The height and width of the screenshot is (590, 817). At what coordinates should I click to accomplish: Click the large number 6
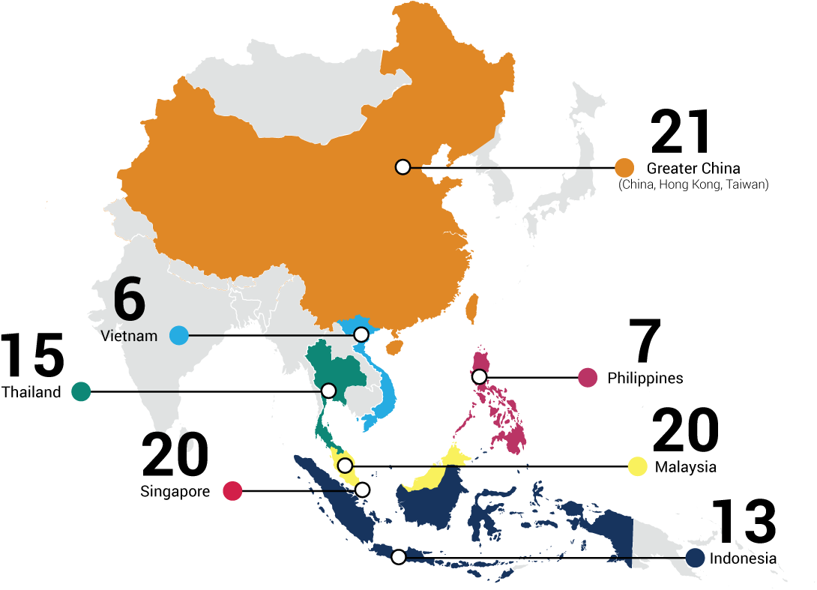click(x=129, y=300)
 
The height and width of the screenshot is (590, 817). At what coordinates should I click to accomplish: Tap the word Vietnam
click(x=130, y=336)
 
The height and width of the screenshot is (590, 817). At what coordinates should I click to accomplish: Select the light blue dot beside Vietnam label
click(x=178, y=335)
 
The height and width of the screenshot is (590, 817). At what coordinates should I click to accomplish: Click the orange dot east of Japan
click(x=624, y=168)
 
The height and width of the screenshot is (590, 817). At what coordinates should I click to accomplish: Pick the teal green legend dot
click(x=81, y=391)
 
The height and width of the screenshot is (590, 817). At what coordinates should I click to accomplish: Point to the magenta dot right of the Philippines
click(x=588, y=378)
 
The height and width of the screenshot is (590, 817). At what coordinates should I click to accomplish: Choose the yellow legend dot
click(x=637, y=466)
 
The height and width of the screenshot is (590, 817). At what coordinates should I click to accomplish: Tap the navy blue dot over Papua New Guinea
click(x=696, y=558)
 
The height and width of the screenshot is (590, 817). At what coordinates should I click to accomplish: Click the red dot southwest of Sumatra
click(x=232, y=491)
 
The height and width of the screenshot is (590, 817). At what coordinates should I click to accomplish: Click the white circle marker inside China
click(x=403, y=166)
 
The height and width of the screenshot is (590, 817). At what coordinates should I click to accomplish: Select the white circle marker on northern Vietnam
click(x=361, y=334)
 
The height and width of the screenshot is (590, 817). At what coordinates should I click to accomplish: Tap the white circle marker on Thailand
click(x=328, y=391)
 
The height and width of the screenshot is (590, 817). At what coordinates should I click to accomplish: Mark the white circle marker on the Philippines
click(x=480, y=376)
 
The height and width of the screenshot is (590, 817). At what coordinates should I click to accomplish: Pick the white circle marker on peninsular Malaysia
click(x=345, y=466)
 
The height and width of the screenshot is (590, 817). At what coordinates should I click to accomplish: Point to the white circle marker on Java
click(x=399, y=556)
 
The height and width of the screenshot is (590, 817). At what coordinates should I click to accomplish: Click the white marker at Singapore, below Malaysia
click(x=362, y=490)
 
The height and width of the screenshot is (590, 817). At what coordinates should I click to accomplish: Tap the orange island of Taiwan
click(x=472, y=307)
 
